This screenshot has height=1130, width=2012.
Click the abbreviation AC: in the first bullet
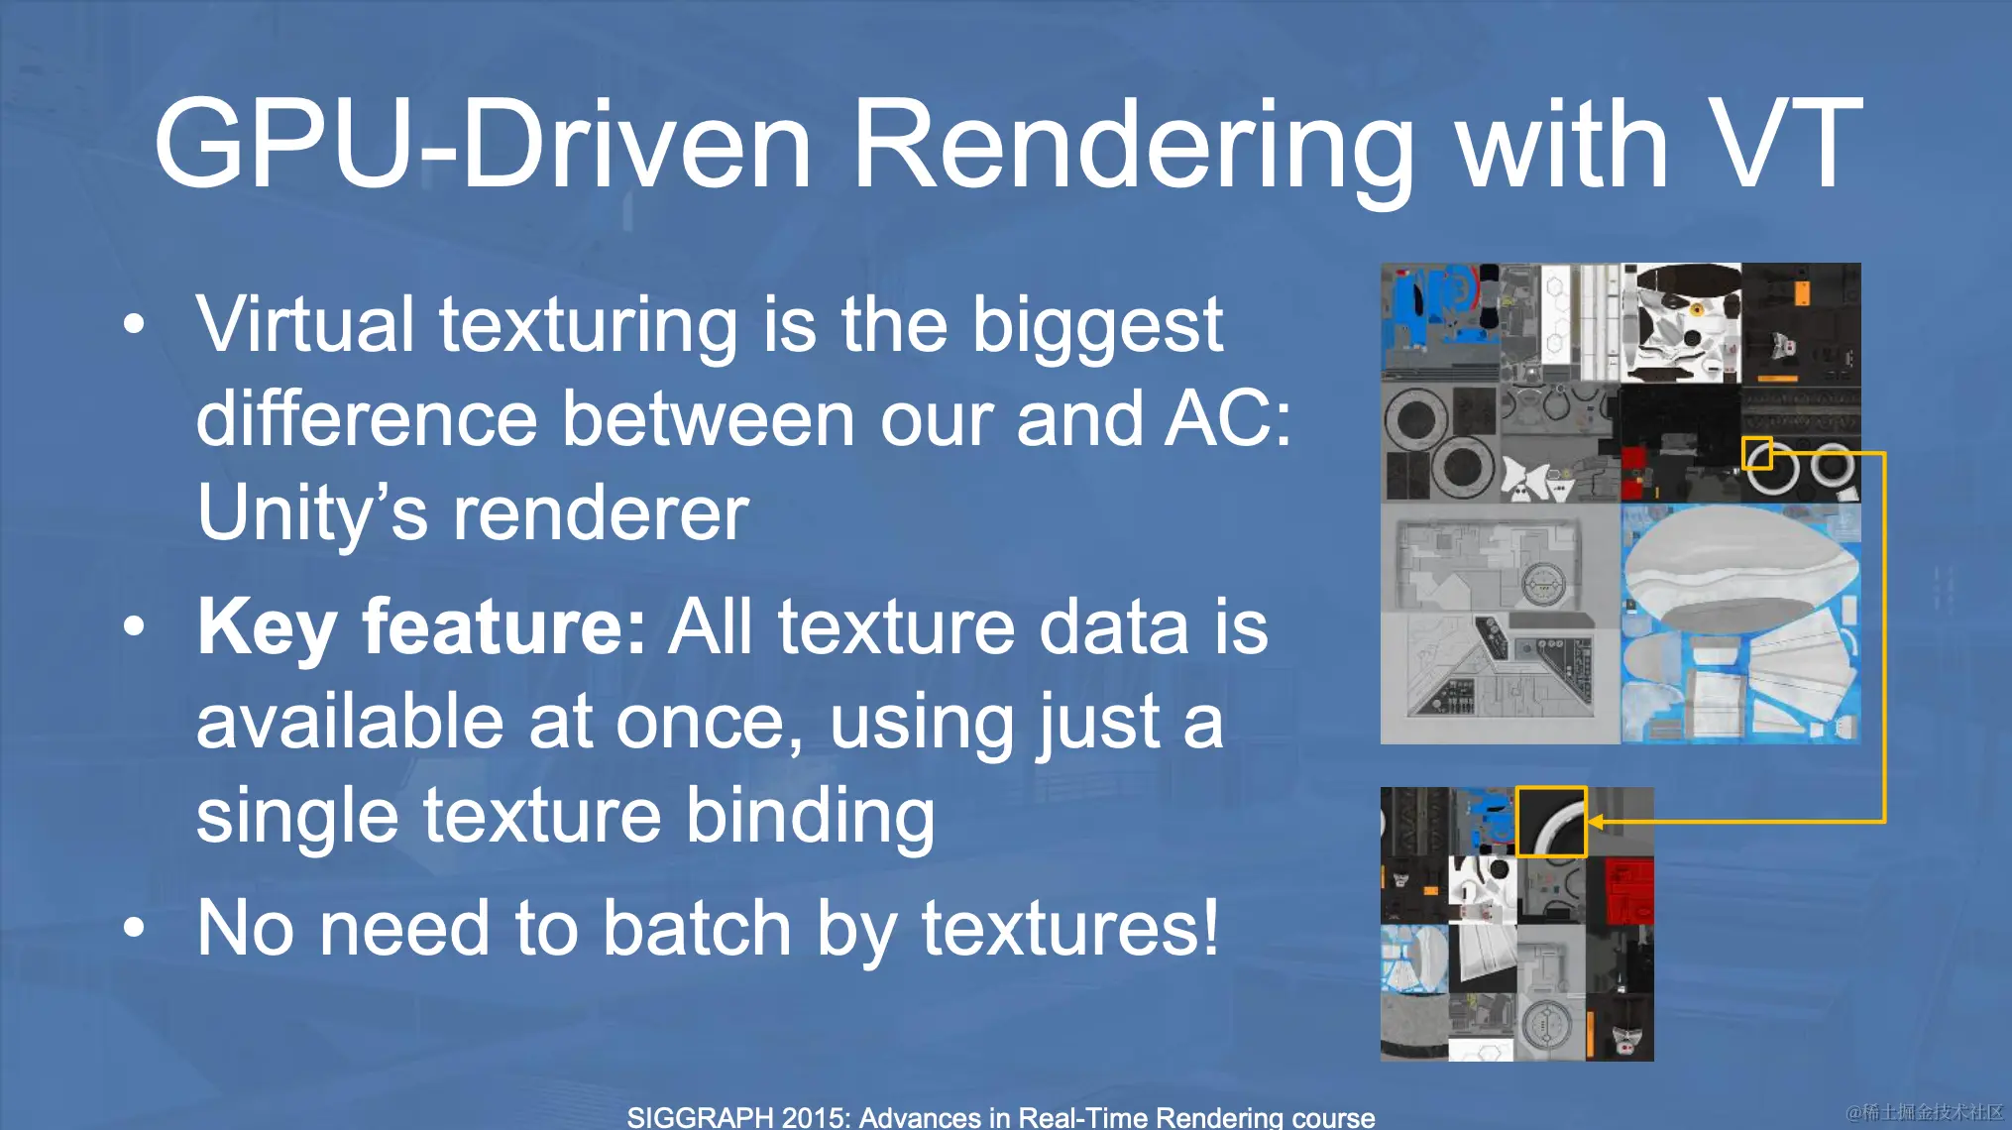click(1228, 417)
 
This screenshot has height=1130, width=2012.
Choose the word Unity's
click(312, 512)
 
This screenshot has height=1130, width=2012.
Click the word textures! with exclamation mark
click(1069, 928)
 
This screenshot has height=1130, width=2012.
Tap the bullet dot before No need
click(134, 928)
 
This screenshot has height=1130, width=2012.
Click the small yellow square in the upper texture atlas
click(1757, 453)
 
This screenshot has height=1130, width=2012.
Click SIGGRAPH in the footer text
click(700, 1117)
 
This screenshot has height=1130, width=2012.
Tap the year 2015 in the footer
click(814, 1117)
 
